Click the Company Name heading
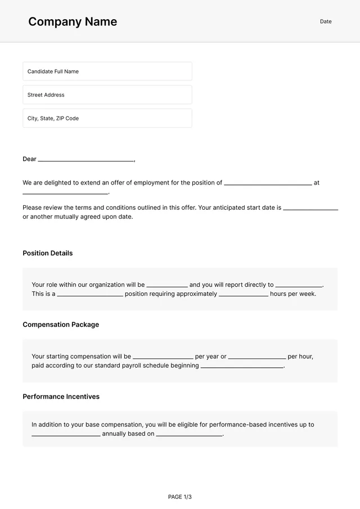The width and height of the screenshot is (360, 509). pos(73,22)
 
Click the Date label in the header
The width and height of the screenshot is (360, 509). pos(326,21)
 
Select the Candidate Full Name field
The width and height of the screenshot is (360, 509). pos(107,71)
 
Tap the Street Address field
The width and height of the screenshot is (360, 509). pos(107,95)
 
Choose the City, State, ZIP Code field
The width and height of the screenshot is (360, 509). pos(107,119)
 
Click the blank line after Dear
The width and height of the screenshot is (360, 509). pos(85,160)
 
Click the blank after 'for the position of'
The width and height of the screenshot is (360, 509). pos(268,183)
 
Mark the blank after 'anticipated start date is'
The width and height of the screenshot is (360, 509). pos(310,208)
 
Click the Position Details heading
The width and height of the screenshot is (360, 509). pos(48,253)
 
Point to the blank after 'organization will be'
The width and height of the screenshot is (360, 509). pos(167,285)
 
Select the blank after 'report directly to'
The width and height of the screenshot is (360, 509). pos(299,285)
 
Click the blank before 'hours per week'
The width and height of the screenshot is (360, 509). pos(244,294)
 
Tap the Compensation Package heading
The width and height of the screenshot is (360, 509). pos(61,325)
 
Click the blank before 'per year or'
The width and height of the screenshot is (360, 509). pos(163,357)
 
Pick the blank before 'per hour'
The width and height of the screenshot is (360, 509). pos(257,357)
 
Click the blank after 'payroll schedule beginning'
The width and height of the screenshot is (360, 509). pos(242,366)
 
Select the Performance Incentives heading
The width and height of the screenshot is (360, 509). pos(61,397)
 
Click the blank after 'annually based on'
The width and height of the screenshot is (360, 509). pos(189,434)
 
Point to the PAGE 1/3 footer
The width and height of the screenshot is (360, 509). pos(180,497)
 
